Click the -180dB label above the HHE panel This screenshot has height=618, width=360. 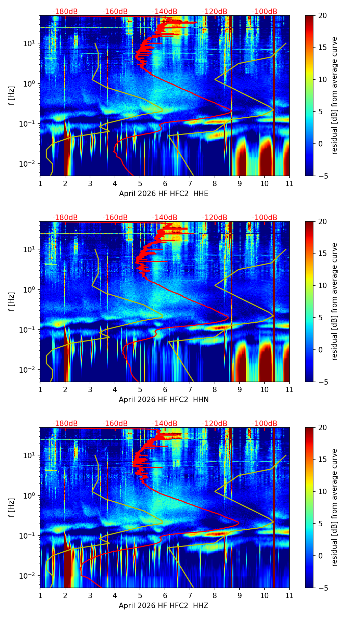tap(65, 12)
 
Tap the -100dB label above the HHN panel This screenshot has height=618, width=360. tap(265, 218)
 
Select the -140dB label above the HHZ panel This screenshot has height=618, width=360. tap(165, 424)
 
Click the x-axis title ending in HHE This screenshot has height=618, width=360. tap(164, 194)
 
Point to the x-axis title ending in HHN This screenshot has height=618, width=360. tap(164, 400)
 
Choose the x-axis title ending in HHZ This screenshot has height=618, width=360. tap(164, 606)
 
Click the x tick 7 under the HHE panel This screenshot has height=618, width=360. tap(190, 183)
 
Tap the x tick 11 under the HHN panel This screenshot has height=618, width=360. tap(289, 389)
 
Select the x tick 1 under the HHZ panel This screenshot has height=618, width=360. tap(40, 595)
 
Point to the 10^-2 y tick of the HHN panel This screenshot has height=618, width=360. tap(29, 370)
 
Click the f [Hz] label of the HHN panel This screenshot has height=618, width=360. tap(12, 301)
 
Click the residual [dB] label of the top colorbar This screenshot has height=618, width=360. tap(334, 95)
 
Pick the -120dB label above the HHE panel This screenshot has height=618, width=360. tap(215, 12)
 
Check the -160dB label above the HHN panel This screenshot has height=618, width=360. tap(115, 218)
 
